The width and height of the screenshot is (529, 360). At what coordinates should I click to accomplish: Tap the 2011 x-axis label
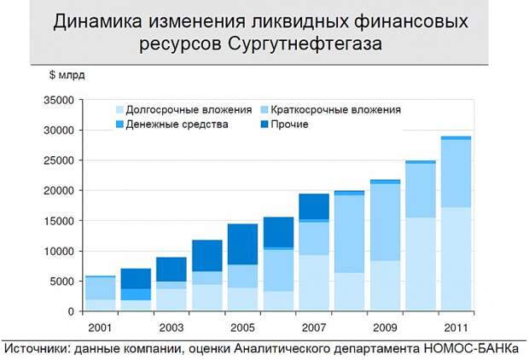coord(456,327)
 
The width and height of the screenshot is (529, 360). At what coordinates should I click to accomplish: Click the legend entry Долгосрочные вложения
coord(189,109)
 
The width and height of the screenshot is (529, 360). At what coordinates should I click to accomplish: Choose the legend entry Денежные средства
coord(177,125)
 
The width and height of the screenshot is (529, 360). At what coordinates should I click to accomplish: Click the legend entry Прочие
coord(289,125)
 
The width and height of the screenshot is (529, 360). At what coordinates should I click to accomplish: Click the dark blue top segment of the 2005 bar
coord(242,244)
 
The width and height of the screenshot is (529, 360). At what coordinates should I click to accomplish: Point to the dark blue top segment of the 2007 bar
coord(313,206)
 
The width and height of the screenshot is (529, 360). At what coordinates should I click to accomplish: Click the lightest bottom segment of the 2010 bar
coord(420,264)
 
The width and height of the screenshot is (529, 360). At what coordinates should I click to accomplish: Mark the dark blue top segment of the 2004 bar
coord(206,256)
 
